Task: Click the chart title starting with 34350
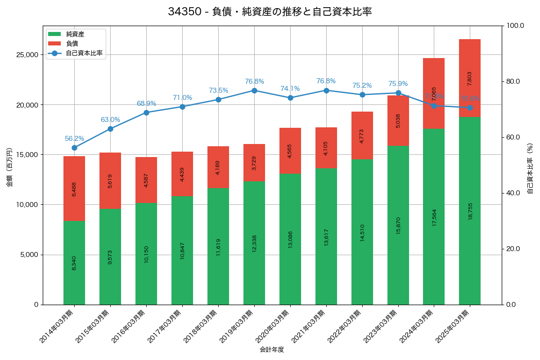pyautogui.click(x=270, y=12)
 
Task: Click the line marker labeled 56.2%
pyautogui.click(x=74, y=148)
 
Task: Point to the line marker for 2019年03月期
pyautogui.click(x=254, y=90)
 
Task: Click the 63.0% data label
pyautogui.click(x=110, y=120)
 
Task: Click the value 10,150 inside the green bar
pyautogui.click(x=146, y=253)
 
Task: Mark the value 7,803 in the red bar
pyautogui.click(x=470, y=78)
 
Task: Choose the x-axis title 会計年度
pyautogui.click(x=272, y=350)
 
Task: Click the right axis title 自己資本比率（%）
pyautogui.click(x=530, y=168)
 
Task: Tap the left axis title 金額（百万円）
pyautogui.click(x=9, y=167)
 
